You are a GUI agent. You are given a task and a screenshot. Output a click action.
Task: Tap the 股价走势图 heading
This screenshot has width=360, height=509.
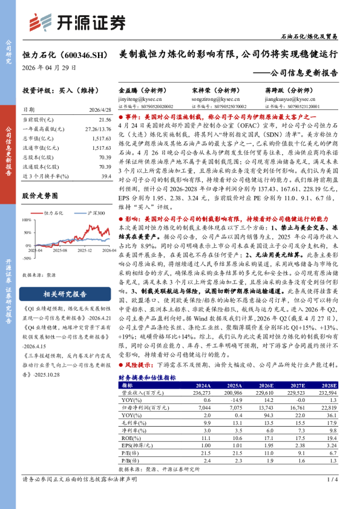coord(40,196)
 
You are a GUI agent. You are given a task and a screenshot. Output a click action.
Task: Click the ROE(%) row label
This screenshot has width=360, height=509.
coord(130,437)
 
